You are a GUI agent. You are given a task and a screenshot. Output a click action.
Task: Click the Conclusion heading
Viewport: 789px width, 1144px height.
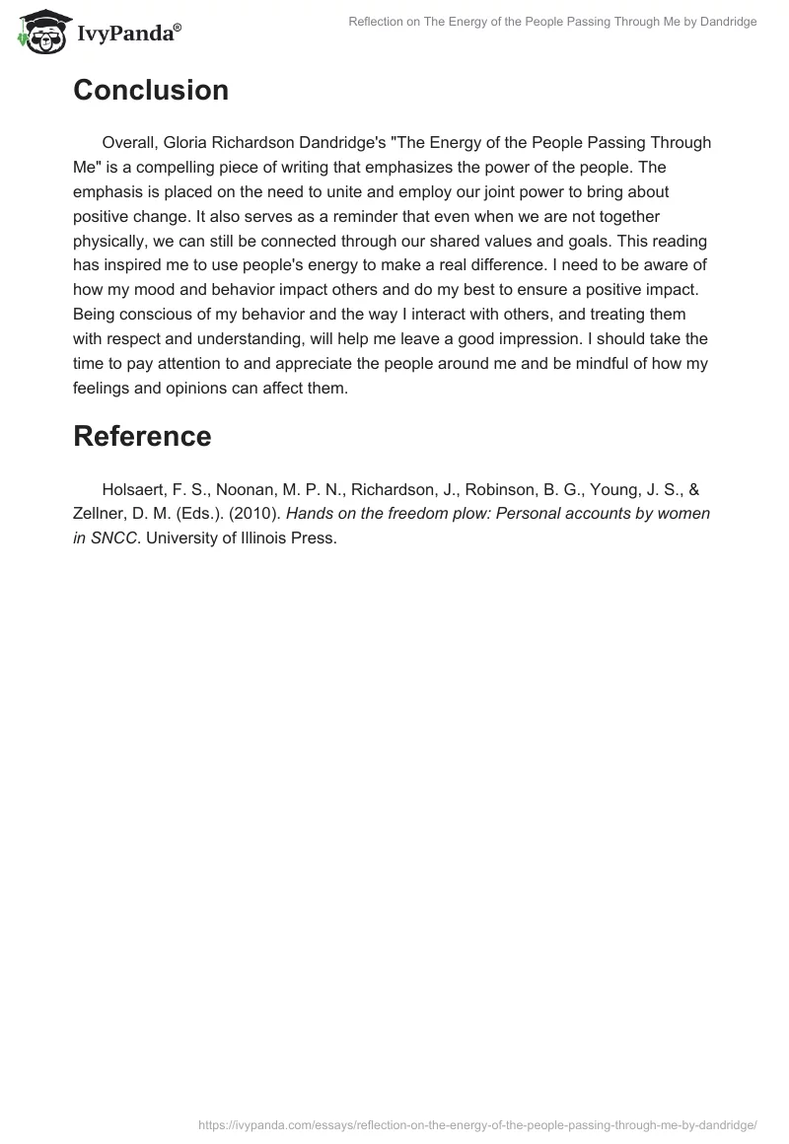(151, 91)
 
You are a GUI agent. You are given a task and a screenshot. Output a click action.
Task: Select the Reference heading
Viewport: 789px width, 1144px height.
(142, 436)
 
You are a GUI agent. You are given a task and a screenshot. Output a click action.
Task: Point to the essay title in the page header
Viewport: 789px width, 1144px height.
(552, 22)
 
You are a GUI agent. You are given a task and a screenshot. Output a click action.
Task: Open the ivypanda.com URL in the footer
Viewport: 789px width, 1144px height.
(476, 1124)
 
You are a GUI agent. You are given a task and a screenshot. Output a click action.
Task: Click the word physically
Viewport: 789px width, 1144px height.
(113, 242)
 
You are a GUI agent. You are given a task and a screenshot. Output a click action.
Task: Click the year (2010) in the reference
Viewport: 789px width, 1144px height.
(256, 515)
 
